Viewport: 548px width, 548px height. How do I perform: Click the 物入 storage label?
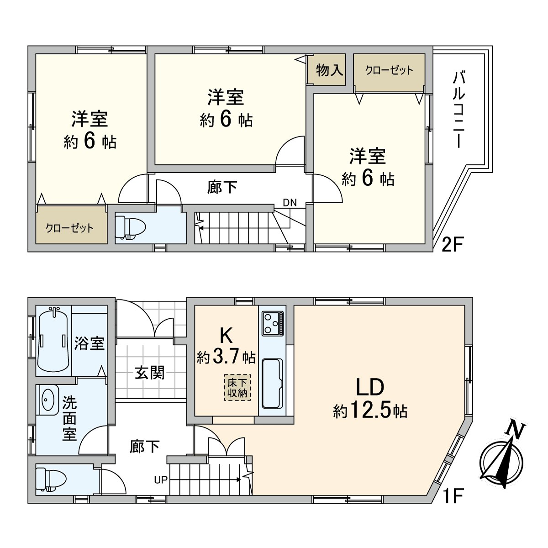click(x=329, y=70)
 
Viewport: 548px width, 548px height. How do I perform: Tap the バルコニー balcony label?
click(x=458, y=110)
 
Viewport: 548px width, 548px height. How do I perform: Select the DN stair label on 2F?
click(x=290, y=203)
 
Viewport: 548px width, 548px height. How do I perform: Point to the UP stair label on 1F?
click(x=160, y=480)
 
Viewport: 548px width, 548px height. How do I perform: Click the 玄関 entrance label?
click(x=150, y=372)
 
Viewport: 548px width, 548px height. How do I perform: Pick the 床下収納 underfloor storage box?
click(x=237, y=387)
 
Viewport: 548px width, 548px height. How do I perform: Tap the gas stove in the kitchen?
click(x=273, y=323)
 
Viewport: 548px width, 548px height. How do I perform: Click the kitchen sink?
click(x=272, y=387)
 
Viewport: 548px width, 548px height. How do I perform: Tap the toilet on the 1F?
click(x=51, y=480)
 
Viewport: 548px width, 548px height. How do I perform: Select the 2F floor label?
click(x=453, y=245)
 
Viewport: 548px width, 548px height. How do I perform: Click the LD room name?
click(x=370, y=387)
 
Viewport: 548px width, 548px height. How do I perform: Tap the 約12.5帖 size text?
click(x=370, y=411)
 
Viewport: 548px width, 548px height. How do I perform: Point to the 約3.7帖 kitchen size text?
click(x=226, y=357)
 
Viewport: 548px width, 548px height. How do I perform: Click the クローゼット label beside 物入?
click(x=389, y=70)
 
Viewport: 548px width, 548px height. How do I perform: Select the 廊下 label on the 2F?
click(x=222, y=187)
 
